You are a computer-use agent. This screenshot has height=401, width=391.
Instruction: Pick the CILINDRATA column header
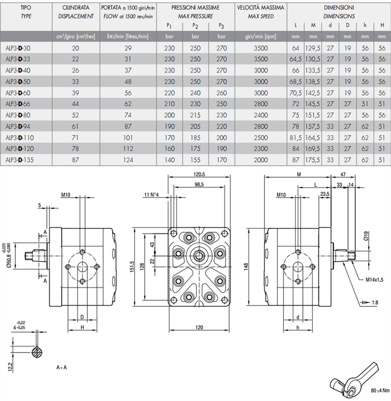[76, 8]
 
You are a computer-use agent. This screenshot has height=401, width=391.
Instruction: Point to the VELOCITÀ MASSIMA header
[260, 8]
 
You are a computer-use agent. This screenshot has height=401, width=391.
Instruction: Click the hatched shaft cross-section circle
[37, 352]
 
